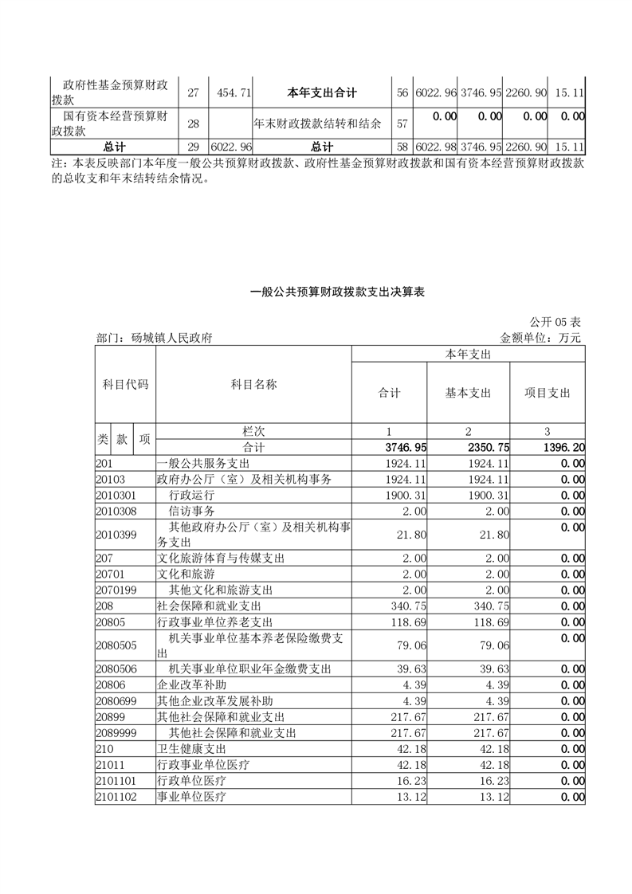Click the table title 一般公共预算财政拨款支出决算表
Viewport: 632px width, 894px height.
(x=337, y=292)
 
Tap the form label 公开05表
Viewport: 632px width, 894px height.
(x=555, y=322)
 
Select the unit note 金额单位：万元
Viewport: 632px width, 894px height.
(x=540, y=338)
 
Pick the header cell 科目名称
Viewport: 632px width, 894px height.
(x=253, y=384)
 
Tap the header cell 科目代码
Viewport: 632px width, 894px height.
(x=125, y=384)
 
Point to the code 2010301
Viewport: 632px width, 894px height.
(x=116, y=494)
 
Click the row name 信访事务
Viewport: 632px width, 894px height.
(x=192, y=510)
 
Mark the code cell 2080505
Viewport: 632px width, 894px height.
(x=116, y=645)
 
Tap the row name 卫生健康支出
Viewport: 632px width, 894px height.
(x=192, y=749)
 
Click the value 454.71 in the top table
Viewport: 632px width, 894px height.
(x=234, y=93)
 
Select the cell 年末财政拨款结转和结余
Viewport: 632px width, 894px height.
(x=317, y=124)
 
